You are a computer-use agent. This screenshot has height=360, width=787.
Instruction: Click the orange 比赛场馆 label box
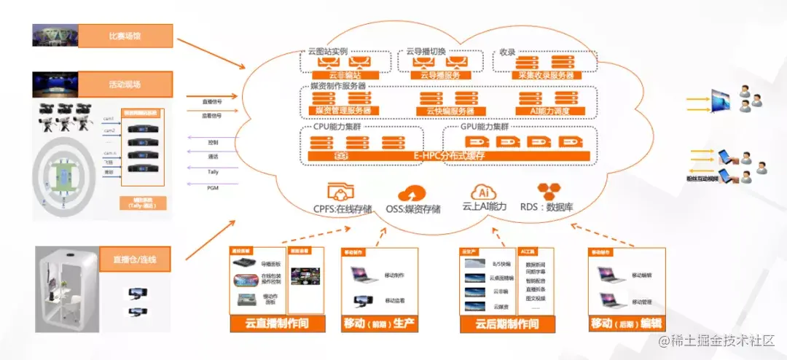(125, 35)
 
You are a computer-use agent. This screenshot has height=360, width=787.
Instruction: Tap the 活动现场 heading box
(125, 84)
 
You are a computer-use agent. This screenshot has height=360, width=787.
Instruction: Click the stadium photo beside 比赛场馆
(53, 35)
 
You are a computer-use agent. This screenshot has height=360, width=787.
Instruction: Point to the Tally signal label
(213, 172)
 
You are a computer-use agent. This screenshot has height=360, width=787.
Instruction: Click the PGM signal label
(213, 187)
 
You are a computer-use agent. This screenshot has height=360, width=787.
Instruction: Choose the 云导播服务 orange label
(436, 74)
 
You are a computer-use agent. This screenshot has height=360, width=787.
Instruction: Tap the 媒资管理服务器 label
(343, 111)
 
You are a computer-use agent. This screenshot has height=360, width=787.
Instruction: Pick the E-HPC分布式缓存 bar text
(449, 156)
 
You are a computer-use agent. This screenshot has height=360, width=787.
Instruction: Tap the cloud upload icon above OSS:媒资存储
(412, 193)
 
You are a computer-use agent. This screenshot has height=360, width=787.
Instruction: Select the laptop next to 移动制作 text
(361, 275)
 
